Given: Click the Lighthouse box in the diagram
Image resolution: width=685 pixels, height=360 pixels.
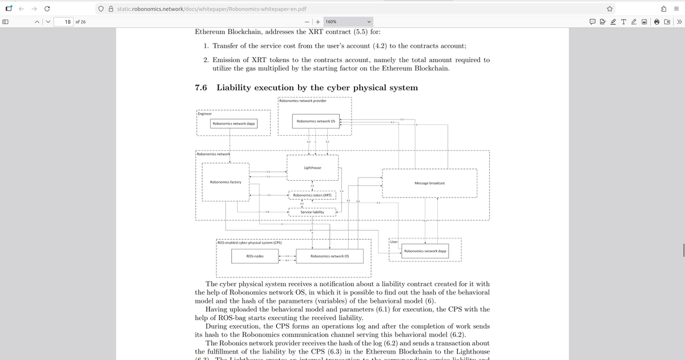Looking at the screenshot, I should (x=312, y=168).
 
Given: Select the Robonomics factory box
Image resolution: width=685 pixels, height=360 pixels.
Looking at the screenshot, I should (x=225, y=182).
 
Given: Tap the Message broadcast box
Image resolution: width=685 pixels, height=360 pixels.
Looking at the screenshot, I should (x=429, y=183).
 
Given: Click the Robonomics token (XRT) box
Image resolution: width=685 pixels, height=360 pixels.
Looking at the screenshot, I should (x=312, y=195).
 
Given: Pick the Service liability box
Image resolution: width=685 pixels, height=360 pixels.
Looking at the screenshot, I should (x=312, y=212).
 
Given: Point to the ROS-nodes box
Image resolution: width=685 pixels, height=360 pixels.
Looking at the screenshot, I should (x=255, y=256).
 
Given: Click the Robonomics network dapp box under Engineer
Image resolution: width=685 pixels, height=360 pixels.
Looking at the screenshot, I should (x=233, y=123).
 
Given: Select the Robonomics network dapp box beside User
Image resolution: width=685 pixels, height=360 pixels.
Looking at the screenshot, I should (x=425, y=251).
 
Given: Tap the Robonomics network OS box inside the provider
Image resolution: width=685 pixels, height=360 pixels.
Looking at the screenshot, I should (x=316, y=121).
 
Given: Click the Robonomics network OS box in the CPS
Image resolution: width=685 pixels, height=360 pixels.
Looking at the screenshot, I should (x=329, y=256).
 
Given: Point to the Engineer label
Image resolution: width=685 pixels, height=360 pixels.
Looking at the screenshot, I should (x=205, y=114).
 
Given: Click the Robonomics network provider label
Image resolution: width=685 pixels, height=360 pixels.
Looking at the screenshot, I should (x=303, y=100).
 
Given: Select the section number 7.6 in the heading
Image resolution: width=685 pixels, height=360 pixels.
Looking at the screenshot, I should (x=200, y=88).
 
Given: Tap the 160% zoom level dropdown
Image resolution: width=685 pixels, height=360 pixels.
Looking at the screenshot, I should (x=348, y=22).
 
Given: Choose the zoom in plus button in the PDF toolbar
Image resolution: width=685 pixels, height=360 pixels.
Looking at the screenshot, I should (x=316, y=22).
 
